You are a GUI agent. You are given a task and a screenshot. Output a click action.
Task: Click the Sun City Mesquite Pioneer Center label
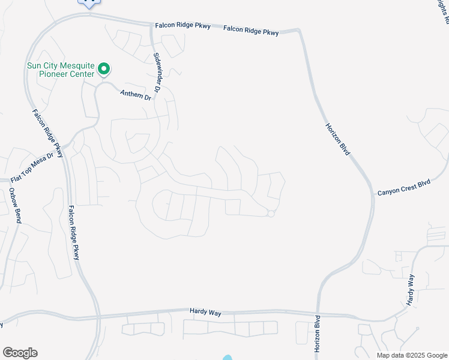tap(60, 70)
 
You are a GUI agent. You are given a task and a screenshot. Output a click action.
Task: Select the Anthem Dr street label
tap(135, 94)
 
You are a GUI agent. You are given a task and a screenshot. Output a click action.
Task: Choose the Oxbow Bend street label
tap(14, 205)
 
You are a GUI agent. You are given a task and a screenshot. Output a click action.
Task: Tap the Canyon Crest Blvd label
tap(404, 188)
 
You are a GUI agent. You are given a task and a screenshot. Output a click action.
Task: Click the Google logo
tap(20, 353)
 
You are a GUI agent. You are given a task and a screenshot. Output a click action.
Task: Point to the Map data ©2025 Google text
tap(412, 355)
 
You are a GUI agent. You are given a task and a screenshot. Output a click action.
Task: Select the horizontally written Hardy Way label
tap(206, 311)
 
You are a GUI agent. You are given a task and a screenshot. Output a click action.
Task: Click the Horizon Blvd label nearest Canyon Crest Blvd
tap(338, 139)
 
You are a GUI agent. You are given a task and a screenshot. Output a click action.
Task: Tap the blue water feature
tap(227, 358)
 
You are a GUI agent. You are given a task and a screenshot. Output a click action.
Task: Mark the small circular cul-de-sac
tap(271, 214)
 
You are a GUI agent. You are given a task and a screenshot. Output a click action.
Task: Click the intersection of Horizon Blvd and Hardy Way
tap(317, 313)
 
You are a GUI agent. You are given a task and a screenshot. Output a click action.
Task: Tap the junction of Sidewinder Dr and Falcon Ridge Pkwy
tap(152, 25)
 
